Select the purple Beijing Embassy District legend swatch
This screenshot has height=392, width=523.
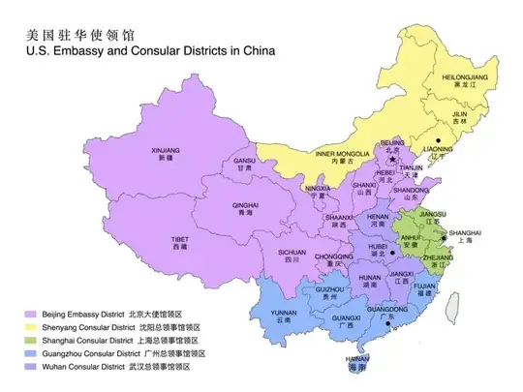pyautogui.click(x=30, y=315)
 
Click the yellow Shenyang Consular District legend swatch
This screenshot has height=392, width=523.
pyautogui.click(x=30, y=328)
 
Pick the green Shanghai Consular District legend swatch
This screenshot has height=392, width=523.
pyautogui.click(x=30, y=342)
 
